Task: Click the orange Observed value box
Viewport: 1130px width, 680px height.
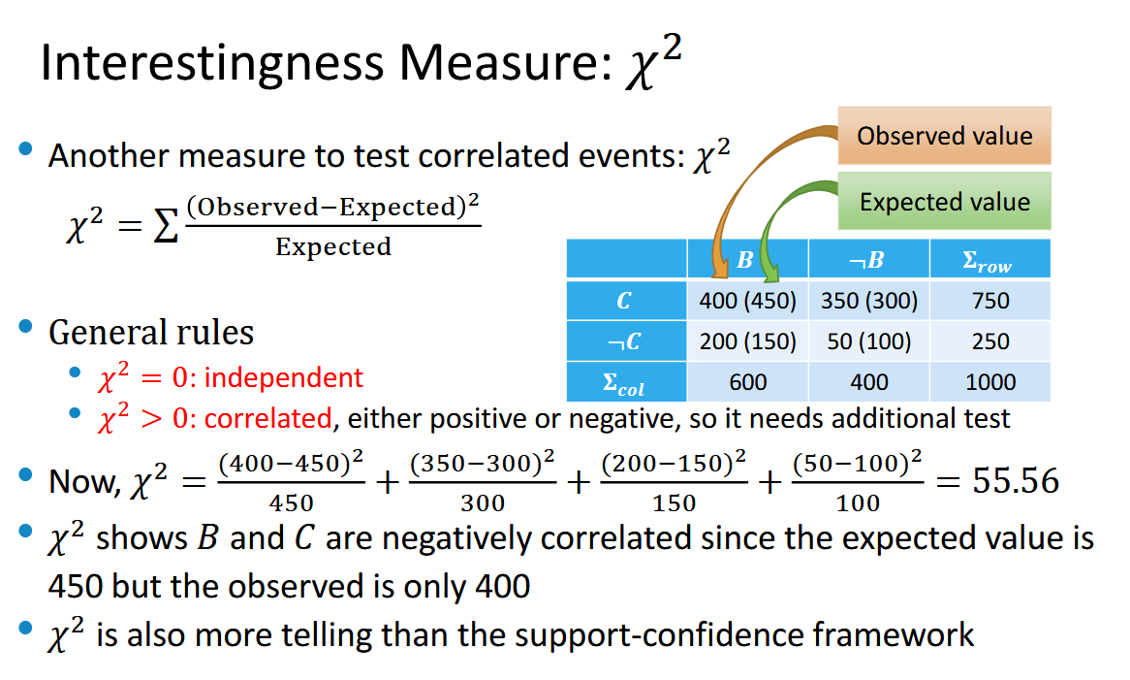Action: pyautogui.click(x=944, y=136)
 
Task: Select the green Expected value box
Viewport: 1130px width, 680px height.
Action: pyautogui.click(x=944, y=201)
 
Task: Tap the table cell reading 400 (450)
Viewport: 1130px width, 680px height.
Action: pyautogui.click(x=747, y=300)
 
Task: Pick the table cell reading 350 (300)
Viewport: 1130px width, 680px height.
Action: pyautogui.click(x=869, y=300)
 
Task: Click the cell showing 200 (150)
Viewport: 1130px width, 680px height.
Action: pyautogui.click(x=747, y=341)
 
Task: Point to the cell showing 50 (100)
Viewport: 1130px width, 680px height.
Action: pyautogui.click(x=869, y=341)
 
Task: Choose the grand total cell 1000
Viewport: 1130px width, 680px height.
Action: pyautogui.click(x=990, y=381)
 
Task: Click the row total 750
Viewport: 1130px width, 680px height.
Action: pyautogui.click(x=990, y=300)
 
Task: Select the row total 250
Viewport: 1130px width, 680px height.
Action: pyautogui.click(x=990, y=341)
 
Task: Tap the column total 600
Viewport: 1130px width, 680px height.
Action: pyautogui.click(x=747, y=381)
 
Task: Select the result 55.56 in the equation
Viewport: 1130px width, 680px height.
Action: pyautogui.click(x=1016, y=480)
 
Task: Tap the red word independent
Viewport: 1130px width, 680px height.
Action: pyautogui.click(x=284, y=377)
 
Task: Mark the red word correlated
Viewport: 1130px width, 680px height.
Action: pyautogui.click(x=268, y=418)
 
